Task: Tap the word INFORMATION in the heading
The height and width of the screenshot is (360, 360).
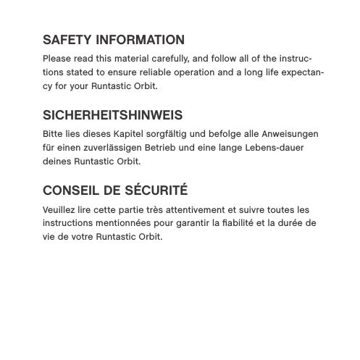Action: click(x=140, y=40)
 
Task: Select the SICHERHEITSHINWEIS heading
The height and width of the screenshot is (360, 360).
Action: click(x=112, y=115)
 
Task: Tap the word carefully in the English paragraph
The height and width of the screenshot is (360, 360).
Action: click(x=167, y=59)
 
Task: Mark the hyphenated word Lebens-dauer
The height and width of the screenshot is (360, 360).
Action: click(x=272, y=148)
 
